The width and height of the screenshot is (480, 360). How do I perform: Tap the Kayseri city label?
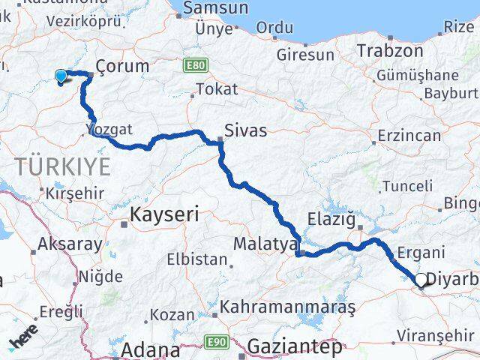coord(164,215)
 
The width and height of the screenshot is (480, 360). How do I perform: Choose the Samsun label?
coord(215,8)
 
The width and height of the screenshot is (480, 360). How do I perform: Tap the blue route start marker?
coord(61,75)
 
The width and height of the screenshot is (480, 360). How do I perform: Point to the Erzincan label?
coord(409,136)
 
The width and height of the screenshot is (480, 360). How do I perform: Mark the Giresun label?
coord(305,55)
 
